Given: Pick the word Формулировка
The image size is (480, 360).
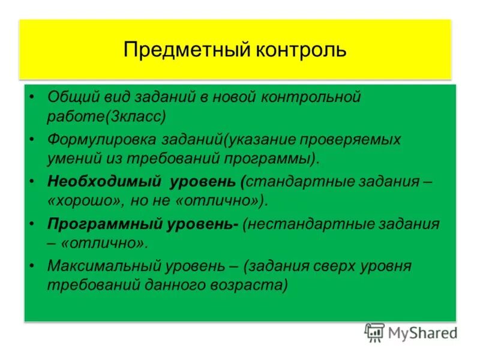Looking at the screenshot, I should point(104,140).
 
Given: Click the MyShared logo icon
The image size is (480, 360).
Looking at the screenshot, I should point(374,332).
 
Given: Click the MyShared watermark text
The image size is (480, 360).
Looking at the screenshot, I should point(422,332).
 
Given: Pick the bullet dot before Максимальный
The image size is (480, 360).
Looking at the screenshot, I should point(32,266).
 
